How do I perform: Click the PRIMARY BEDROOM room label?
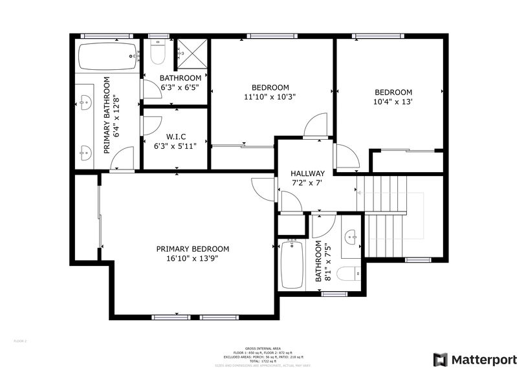(192, 248)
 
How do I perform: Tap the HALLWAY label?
(307, 173)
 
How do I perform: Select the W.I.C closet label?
(176, 137)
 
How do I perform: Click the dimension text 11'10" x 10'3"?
(270, 97)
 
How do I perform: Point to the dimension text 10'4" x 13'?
(393, 102)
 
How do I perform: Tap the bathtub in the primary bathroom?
(108, 58)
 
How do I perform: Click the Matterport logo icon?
(440, 359)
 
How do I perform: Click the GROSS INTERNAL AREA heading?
(263, 347)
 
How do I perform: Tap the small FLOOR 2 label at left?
(20, 340)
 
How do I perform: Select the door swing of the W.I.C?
(152, 126)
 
